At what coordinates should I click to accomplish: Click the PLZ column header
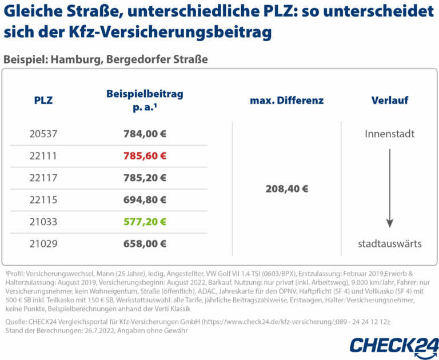click(x=43, y=101)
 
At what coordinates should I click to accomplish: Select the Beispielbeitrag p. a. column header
click(x=145, y=101)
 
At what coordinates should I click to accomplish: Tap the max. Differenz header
click(x=286, y=101)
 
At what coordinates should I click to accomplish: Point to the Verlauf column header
click(x=389, y=101)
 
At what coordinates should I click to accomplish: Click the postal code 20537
click(x=43, y=134)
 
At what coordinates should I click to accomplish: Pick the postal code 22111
click(x=43, y=156)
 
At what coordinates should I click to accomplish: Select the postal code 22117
click(x=43, y=178)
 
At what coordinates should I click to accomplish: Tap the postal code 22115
click(x=43, y=199)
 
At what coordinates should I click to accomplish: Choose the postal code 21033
click(x=43, y=221)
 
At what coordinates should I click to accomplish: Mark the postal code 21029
click(x=43, y=243)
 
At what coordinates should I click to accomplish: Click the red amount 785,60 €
click(x=145, y=156)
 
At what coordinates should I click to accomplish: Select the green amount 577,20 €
click(x=145, y=221)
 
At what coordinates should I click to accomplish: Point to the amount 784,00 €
click(x=145, y=134)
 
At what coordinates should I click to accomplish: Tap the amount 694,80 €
click(x=145, y=199)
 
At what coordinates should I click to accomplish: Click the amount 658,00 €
click(x=145, y=243)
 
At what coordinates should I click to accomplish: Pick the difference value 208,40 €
click(x=286, y=189)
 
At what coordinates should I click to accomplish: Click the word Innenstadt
click(x=389, y=134)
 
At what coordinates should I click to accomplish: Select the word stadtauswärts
click(x=389, y=243)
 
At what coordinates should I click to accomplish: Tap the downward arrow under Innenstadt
click(x=389, y=189)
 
